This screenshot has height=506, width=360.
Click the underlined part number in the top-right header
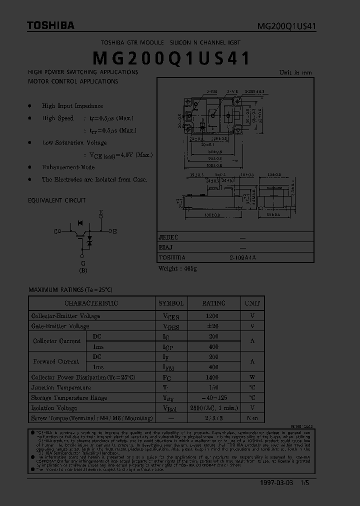click(286, 26)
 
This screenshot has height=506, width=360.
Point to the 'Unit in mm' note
click(295, 72)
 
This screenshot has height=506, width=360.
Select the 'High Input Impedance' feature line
click(72, 106)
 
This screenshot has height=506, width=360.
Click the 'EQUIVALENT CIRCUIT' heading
click(57, 200)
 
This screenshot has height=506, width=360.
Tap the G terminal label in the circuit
click(83, 263)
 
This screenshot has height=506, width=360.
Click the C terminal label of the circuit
click(56, 231)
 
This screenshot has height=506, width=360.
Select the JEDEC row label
click(168, 238)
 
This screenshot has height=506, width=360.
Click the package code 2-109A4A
click(242, 257)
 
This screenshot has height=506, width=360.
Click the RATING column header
click(213, 303)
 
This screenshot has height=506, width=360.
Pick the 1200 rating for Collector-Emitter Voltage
click(213, 316)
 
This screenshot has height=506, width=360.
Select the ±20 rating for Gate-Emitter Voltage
click(213, 326)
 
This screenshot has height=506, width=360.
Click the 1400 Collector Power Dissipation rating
click(213, 377)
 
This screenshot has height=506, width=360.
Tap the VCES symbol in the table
click(171, 316)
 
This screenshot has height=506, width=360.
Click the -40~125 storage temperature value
click(213, 398)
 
